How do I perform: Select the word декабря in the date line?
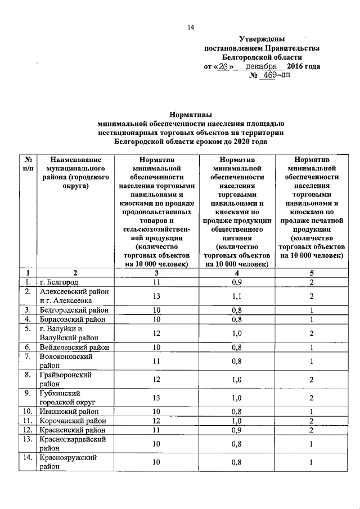coord(265,66)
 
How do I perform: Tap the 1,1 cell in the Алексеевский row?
coord(239,296)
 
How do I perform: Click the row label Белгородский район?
coord(72,310)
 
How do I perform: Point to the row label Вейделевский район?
coord(73,348)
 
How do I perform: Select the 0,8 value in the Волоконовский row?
coord(239,362)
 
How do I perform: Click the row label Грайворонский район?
coord(65,380)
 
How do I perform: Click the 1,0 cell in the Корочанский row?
coord(239,421)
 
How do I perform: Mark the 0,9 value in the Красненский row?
coord(239,430)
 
